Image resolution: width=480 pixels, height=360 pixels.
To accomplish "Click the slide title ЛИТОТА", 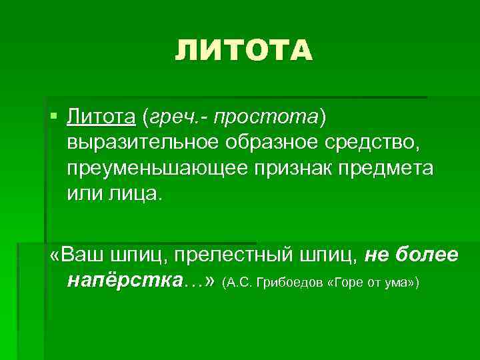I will (243, 51).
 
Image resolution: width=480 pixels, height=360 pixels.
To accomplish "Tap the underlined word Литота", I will (101, 117).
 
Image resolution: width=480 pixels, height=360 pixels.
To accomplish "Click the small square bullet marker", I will (53, 117).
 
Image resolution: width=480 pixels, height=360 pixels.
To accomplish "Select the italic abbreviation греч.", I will (166, 117).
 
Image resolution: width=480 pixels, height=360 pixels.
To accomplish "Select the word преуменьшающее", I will (154, 168).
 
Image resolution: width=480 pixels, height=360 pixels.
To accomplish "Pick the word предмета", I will (391, 168).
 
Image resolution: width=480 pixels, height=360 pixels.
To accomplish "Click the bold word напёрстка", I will (123, 281).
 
